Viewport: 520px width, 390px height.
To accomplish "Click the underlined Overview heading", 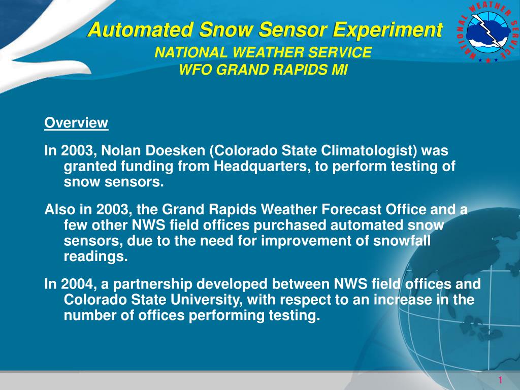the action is click(x=76, y=123).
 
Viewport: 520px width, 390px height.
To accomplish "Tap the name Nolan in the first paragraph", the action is click(x=121, y=150).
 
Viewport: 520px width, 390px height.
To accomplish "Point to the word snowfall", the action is click(x=402, y=240).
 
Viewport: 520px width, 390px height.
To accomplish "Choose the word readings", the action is click(x=96, y=256).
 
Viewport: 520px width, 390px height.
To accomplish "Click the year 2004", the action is click(x=78, y=284).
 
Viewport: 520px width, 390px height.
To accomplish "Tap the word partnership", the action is click(x=153, y=285).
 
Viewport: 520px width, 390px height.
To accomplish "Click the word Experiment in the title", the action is click(x=387, y=30).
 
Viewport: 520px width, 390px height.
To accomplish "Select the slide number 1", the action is click(x=500, y=380).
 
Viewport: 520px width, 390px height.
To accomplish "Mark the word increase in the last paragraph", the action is click(x=403, y=300).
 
